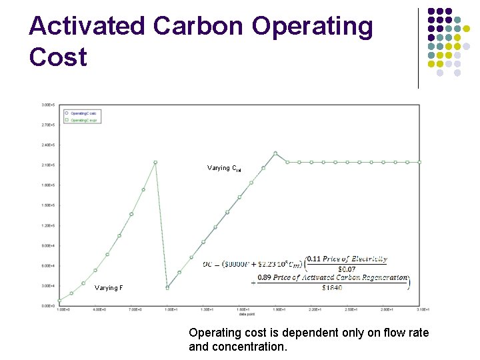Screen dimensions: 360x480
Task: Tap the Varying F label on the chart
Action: pos(109,288)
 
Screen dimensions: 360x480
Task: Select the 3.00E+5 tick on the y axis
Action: pos(48,105)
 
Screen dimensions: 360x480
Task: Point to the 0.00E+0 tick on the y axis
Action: pos(48,305)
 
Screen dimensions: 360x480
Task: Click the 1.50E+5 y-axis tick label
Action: pos(48,205)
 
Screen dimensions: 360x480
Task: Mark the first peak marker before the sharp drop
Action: pos(155,162)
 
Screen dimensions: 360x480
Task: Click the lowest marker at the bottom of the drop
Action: pos(167,287)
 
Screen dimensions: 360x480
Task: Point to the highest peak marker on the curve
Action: pos(275,153)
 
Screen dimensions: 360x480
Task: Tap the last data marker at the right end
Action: pos(419,162)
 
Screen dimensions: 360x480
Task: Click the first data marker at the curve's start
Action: pos(60,301)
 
